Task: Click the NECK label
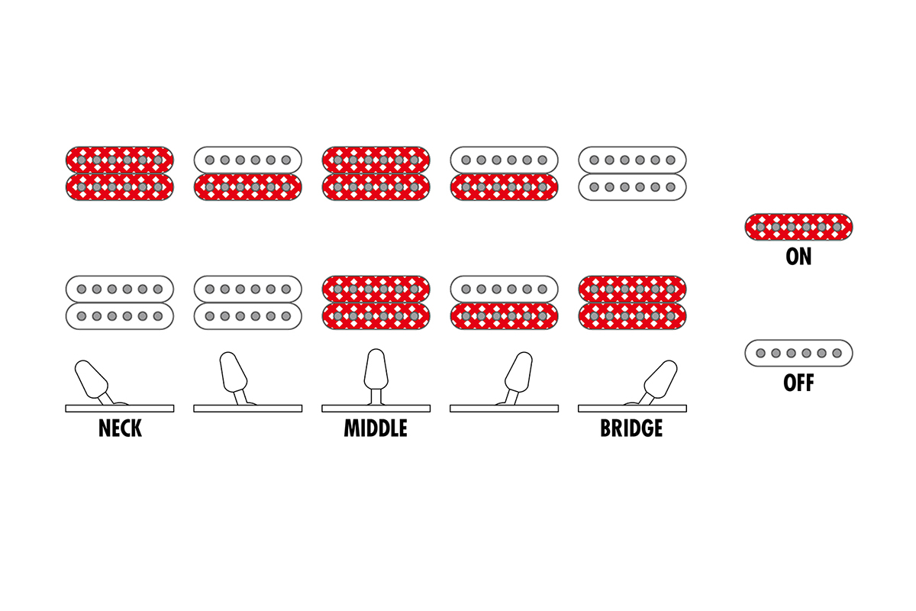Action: coord(120,428)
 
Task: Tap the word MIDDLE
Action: coord(376,428)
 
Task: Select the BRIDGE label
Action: coord(631,428)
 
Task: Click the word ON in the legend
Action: coord(798,257)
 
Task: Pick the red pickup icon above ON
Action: coord(798,227)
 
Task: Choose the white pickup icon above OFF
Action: coord(798,353)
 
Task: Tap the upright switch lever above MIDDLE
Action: coord(376,371)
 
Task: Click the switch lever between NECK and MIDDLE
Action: coord(233,374)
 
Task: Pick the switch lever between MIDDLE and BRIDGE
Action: coord(518,374)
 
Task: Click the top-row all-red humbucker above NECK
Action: coord(120,173)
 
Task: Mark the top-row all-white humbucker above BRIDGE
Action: coord(632,173)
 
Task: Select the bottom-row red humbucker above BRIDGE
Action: coord(632,302)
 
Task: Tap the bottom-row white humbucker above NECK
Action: coord(120,302)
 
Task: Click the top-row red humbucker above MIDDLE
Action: coord(376,173)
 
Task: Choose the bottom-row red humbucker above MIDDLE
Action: coord(376,302)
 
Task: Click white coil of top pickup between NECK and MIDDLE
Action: coord(248,160)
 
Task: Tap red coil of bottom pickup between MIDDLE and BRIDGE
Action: coord(504,316)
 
